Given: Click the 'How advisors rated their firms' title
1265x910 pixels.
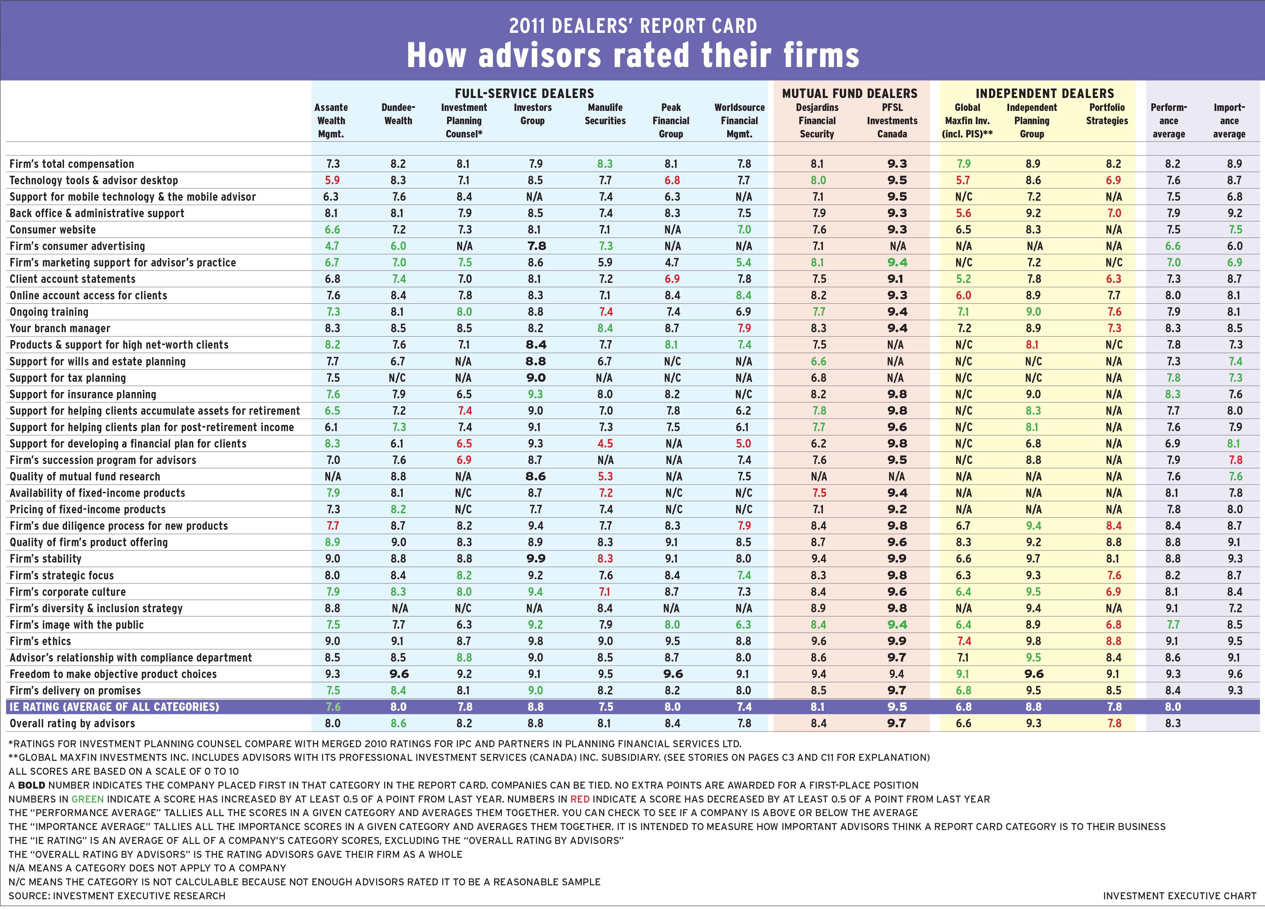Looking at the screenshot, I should (632, 55).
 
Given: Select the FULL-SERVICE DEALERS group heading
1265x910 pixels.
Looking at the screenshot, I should (524, 94).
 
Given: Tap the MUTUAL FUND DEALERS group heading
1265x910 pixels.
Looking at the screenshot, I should (850, 94).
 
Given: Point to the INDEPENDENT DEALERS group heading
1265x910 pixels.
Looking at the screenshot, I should (1044, 94).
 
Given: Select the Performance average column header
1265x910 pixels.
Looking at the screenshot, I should (1169, 120).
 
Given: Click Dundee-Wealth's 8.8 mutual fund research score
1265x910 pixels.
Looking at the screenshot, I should (398, 477).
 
